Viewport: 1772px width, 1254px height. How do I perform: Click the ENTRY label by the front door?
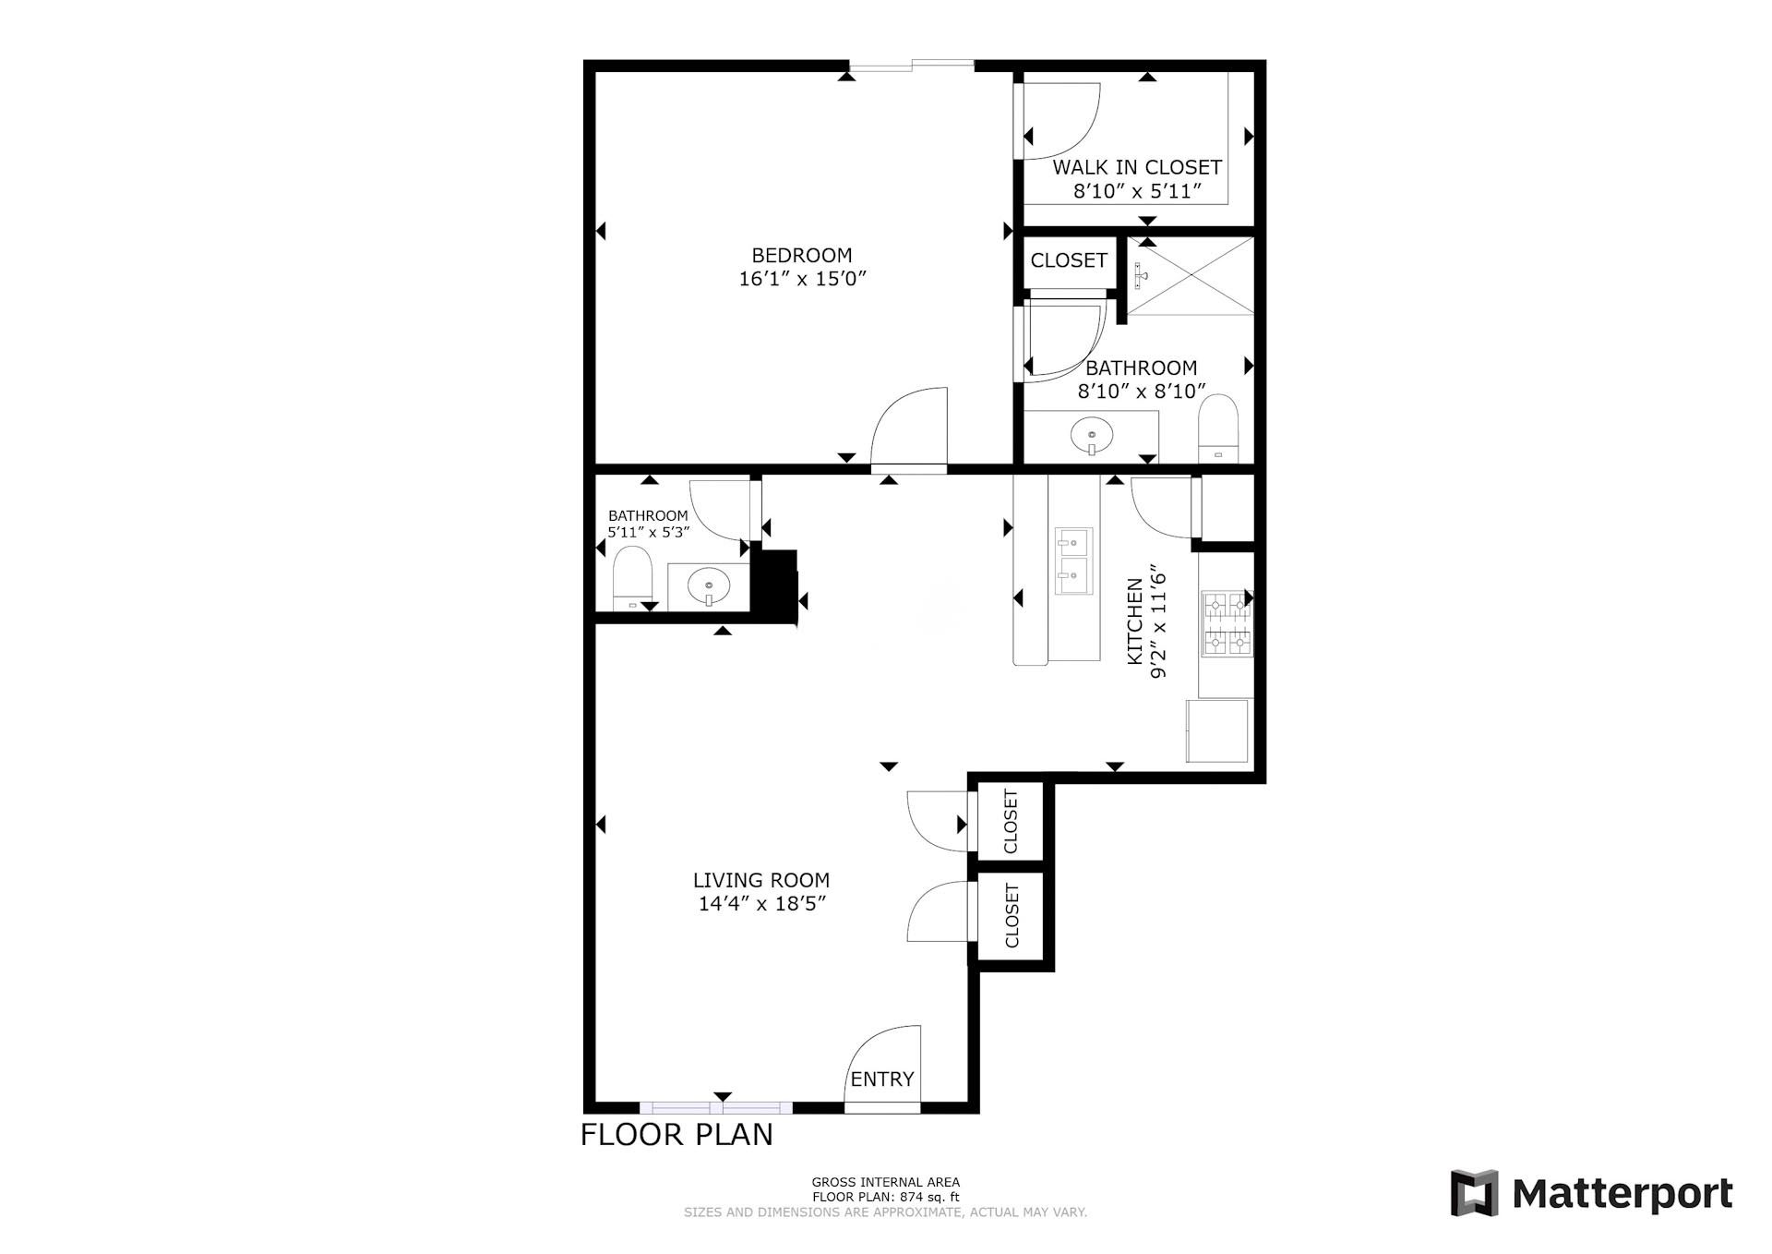tap(881, 1079)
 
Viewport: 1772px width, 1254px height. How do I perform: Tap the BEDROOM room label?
tap(801, 255)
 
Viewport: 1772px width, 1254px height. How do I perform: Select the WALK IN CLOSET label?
tap(1137, 167)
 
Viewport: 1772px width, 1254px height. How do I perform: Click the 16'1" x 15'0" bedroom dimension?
tap(803, 279)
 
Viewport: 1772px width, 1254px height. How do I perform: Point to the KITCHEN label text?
tap(1135, 621)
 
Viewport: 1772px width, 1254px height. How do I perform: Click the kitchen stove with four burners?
tap(1226, 623)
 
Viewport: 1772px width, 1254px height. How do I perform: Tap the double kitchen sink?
tap(1073, 561)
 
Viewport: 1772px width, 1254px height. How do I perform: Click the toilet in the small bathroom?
tap(632, 577)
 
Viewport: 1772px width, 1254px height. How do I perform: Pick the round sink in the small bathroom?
tap(709, 585)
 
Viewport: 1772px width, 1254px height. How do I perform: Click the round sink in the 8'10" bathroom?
tap(1092, 433)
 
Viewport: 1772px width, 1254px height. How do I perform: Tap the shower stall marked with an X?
tap(1191, 275)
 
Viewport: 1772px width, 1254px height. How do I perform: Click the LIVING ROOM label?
tap(760, 880)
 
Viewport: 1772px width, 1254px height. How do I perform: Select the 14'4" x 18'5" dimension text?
tap(760, 904)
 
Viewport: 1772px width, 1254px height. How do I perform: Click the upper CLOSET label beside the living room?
tap(1011, 821)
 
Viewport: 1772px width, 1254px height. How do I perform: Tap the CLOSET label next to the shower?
tap(1068, 260)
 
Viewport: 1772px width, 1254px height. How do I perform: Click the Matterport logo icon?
tap(1474, 1193)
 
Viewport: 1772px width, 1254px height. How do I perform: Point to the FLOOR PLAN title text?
tap(676, 1134)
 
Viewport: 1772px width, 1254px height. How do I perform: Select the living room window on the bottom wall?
tap(716, 1107)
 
